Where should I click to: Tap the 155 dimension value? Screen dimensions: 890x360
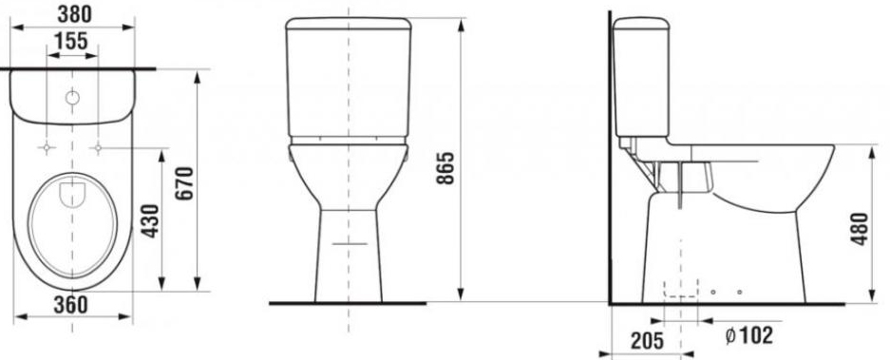tap(71, 41)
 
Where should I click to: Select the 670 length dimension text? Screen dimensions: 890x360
tap(184, 183)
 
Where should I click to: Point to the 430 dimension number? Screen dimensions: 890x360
tap(150, 220)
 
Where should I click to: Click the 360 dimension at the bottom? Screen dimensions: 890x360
tap(71, 305)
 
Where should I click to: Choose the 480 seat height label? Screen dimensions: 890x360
tap(860, 229)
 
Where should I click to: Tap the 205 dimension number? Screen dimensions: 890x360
tap(647, 341)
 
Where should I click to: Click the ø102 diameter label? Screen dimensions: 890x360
tap(749, 335)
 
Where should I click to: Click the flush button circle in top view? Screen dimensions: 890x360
tap(72, 98)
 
